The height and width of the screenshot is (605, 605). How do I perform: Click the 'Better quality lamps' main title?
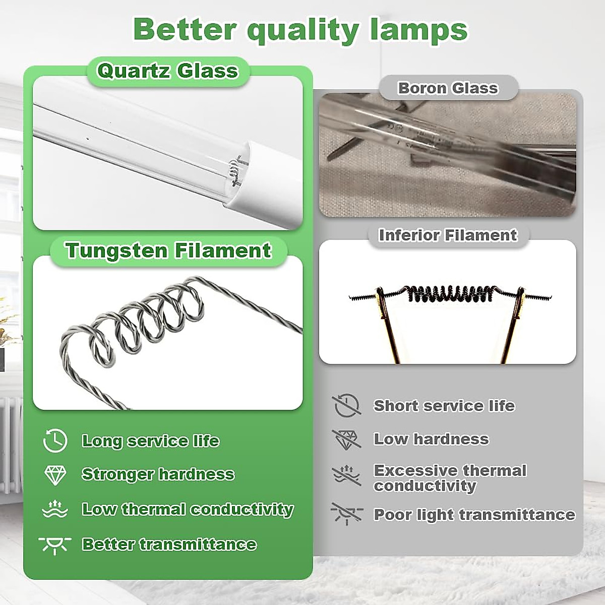point(300,29)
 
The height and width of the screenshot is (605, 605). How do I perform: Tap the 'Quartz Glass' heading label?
point(167,71)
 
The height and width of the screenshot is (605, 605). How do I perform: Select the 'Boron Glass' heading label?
point(448,88)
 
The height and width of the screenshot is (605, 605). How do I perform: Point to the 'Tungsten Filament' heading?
point(168,251)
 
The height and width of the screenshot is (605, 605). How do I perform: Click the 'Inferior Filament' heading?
point(448,235)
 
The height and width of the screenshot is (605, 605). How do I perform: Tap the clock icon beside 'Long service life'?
point(55,441)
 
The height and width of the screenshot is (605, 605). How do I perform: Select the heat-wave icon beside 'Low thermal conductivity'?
point(55,509)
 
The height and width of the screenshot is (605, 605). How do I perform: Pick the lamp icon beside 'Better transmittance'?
point(55,544)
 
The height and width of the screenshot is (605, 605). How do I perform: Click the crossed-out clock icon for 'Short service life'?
point(346,405)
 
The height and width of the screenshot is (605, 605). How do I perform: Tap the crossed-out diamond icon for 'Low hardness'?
point(346,439)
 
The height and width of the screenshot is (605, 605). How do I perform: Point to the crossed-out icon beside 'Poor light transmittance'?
point(346,514)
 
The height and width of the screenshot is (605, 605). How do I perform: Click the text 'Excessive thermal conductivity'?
point(450,478)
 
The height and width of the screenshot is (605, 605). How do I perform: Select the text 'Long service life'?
point(150,441)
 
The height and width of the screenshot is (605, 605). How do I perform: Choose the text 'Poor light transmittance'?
point(474,515)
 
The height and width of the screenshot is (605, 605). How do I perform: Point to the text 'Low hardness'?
point(431,439)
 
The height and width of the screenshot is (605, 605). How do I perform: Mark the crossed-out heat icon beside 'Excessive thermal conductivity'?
point(346,475)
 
